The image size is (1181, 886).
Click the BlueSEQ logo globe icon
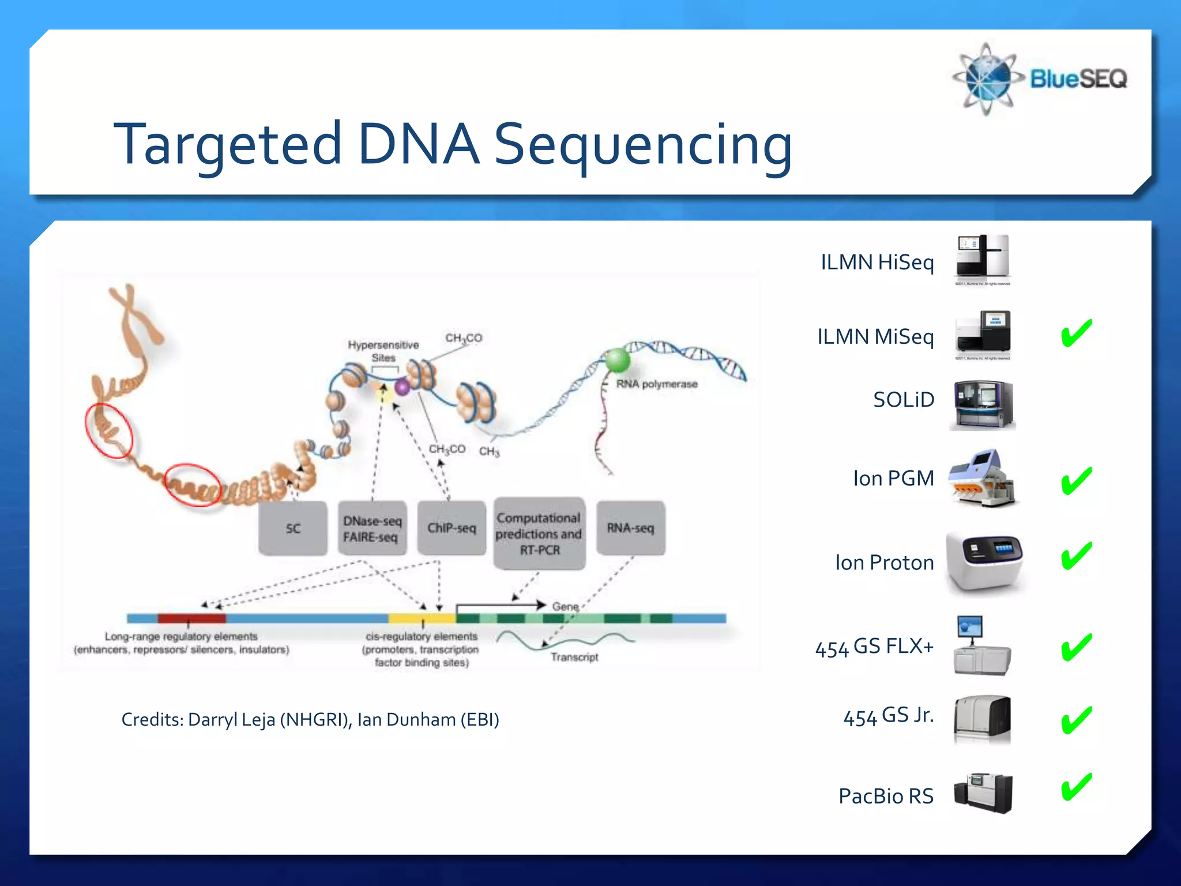pyautogui.click(x=987, y=78)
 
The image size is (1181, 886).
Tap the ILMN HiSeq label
pyautogui.click(x=877, y=262)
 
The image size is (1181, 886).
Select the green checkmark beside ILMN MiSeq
pyautogui.click(x=1077, y=333)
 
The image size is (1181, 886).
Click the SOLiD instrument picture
pyautogui.click(x=983, y=405)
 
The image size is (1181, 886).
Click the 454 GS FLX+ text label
pyautogui.click(x=874, y=647)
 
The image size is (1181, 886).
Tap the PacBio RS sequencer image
pyautogui.click(x=983, y=794)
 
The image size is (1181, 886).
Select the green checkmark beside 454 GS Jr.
pyautogui.click(x=1077, y=720)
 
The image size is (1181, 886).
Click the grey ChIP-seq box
pyautogui.click(x=452, y=528)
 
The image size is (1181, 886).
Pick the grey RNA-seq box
pyautogui.click(x=630, y=528)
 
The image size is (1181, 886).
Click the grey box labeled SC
pyautogui.click(x=293, y=528)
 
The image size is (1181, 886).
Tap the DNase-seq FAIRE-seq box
pyautogui.click(x=372, y=528)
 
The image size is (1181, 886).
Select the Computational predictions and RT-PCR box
pyautogui.click(x=539, y=534)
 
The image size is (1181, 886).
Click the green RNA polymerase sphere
pyautogui.click(x=617, y=360)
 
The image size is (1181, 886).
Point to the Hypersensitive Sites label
pyautogui.click(x=383, y=351)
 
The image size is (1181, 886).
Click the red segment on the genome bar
pyautogui.click(x=191, y=618)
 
